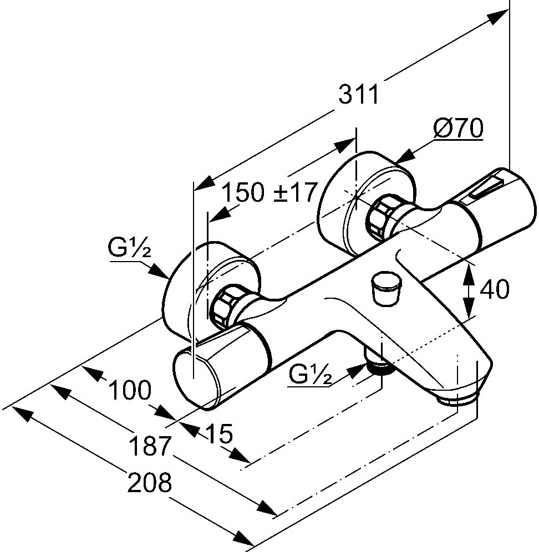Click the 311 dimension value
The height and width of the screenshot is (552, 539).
click(x=359, y=96)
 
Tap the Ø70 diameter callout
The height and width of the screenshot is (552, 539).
click(x=458, y=129)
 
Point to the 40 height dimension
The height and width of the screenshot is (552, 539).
click(x=494, y=289)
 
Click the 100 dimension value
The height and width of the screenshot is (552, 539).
click(x=129, y=391)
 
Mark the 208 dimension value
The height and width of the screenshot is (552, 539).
click(x=150, y=483)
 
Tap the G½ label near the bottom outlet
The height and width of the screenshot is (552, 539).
click(x=310, y=377)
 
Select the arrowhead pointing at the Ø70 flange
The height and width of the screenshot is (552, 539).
click(x=406, y=156)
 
